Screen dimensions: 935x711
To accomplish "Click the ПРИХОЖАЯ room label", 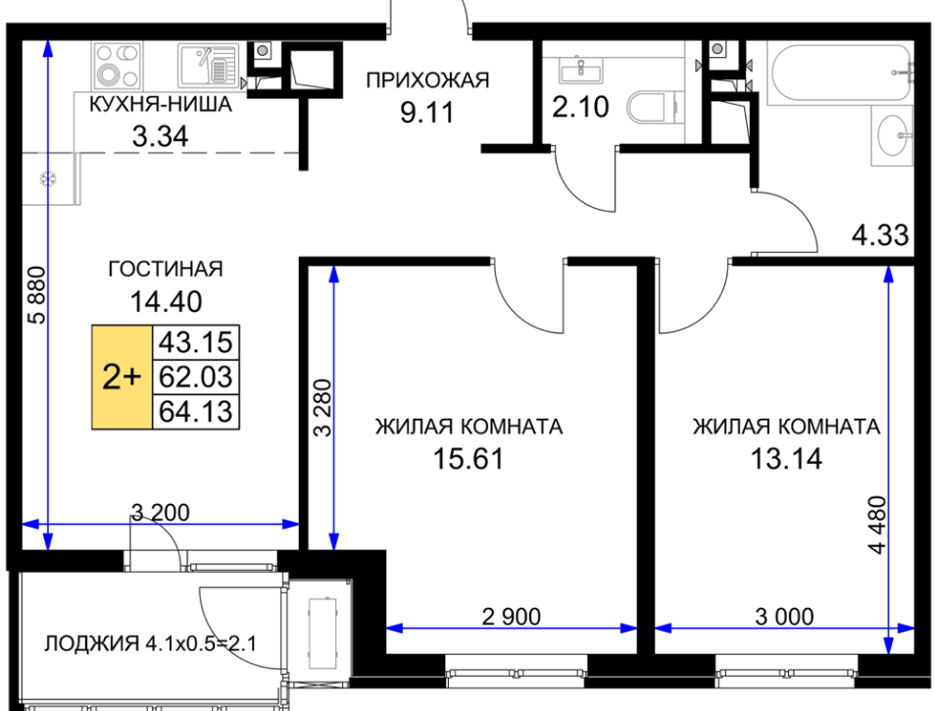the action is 427,80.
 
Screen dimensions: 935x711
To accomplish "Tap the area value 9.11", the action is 427,112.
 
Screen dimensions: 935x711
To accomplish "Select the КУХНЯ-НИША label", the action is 161,104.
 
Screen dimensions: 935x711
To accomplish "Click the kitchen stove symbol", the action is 117,65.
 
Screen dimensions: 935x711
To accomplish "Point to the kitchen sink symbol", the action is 208,65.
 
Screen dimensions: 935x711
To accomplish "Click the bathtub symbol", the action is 840,73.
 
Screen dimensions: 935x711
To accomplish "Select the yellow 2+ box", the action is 123,377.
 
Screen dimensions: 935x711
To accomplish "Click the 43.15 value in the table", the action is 196,342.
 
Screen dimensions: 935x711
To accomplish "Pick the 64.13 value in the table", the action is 196,412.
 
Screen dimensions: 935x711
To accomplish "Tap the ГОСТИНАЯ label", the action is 166,269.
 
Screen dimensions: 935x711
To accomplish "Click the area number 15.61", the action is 468,459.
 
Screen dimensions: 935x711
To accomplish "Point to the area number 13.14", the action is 786,459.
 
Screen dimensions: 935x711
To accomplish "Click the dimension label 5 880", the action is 37,295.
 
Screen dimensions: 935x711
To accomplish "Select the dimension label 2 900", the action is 512,616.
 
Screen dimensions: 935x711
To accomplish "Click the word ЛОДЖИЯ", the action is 92,643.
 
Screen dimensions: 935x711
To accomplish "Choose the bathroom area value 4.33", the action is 880,235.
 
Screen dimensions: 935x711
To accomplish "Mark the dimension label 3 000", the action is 784,616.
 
